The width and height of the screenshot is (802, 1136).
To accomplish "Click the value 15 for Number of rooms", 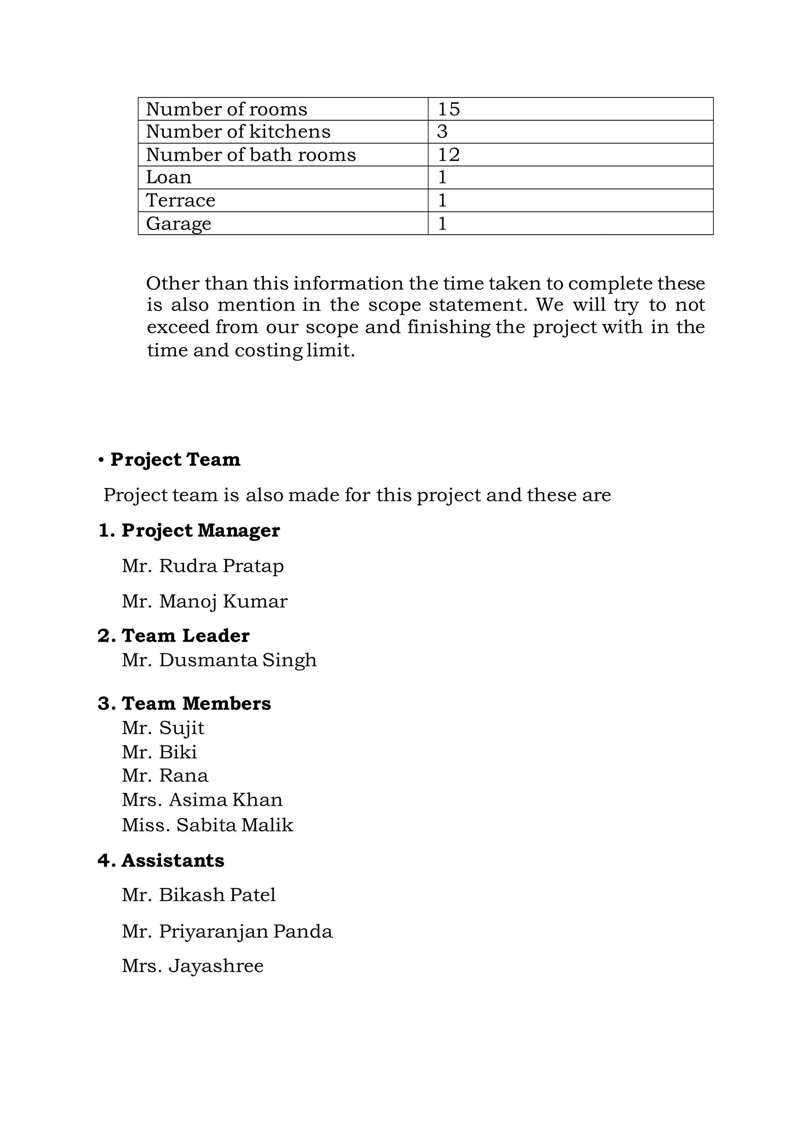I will click(449, 109).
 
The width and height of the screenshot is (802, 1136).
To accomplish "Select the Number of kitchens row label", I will click(238, 132).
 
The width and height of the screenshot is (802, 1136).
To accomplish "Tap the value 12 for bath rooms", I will click(449, 155).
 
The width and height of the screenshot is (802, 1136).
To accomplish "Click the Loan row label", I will click(169, 177).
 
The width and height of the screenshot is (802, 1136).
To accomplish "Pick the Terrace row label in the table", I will click(181, 201).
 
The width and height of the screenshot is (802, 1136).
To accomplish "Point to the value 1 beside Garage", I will click(442, 224).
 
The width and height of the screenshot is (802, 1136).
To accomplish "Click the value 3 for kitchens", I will click(442, 132).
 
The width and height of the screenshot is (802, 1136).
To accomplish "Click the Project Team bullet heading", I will click(175, 459).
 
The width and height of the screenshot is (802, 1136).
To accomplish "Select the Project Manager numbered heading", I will click(200, 530).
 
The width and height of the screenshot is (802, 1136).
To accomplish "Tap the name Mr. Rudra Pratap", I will click(203, 566).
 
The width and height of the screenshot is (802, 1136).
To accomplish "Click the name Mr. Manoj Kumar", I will click(204, 602).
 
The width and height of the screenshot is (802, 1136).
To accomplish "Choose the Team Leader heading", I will click(185, 636).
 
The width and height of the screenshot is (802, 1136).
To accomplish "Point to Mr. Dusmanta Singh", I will click(219, 660).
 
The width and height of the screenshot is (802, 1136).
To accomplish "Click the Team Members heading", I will click(196, 704).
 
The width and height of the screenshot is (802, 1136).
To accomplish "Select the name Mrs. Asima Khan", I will click(202, 800).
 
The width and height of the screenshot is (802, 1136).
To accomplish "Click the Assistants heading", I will click(173, 861).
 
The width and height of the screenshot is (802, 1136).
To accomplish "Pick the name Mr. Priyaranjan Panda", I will click(227, 932).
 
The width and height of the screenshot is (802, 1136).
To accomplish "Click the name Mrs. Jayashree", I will click(192, 966).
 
